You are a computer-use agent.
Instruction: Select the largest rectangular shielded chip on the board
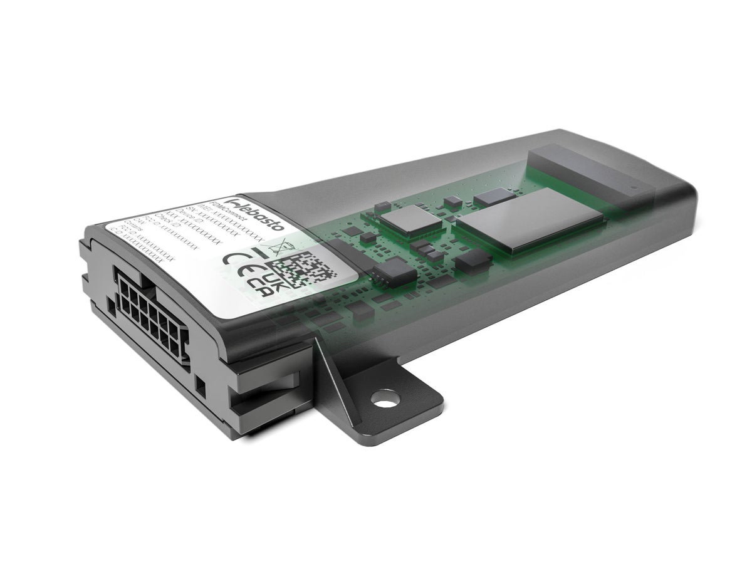point(529,219)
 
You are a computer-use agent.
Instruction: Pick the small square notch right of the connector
point(201,383)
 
